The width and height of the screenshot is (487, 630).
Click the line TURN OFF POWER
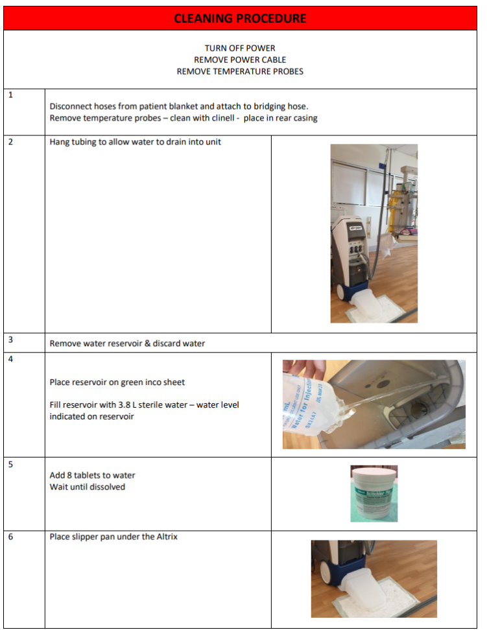tap(240, 49)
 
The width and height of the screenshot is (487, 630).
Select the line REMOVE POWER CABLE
tap(240, 60)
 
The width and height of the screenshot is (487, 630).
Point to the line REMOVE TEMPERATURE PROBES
tap(240, 71)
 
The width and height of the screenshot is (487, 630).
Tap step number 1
tap(10, 95)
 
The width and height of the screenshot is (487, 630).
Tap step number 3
tap(10, 339)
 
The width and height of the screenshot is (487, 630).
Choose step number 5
tap(10, 464)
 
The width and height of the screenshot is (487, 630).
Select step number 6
tap(10, 537)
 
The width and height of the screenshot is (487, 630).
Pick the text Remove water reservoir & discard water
tap(127, 344)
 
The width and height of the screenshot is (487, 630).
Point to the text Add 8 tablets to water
tap(92, 475)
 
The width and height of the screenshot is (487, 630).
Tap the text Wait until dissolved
tap(88, 487)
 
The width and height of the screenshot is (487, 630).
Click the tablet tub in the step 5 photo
tap(374, 495)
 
